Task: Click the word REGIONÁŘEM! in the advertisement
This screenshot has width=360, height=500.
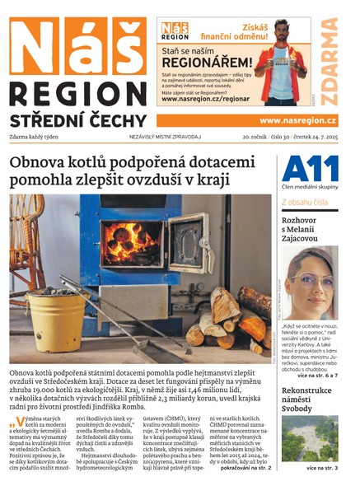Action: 206,62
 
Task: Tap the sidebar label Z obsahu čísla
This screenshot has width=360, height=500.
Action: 306,201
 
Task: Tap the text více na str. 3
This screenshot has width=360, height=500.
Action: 321,468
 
